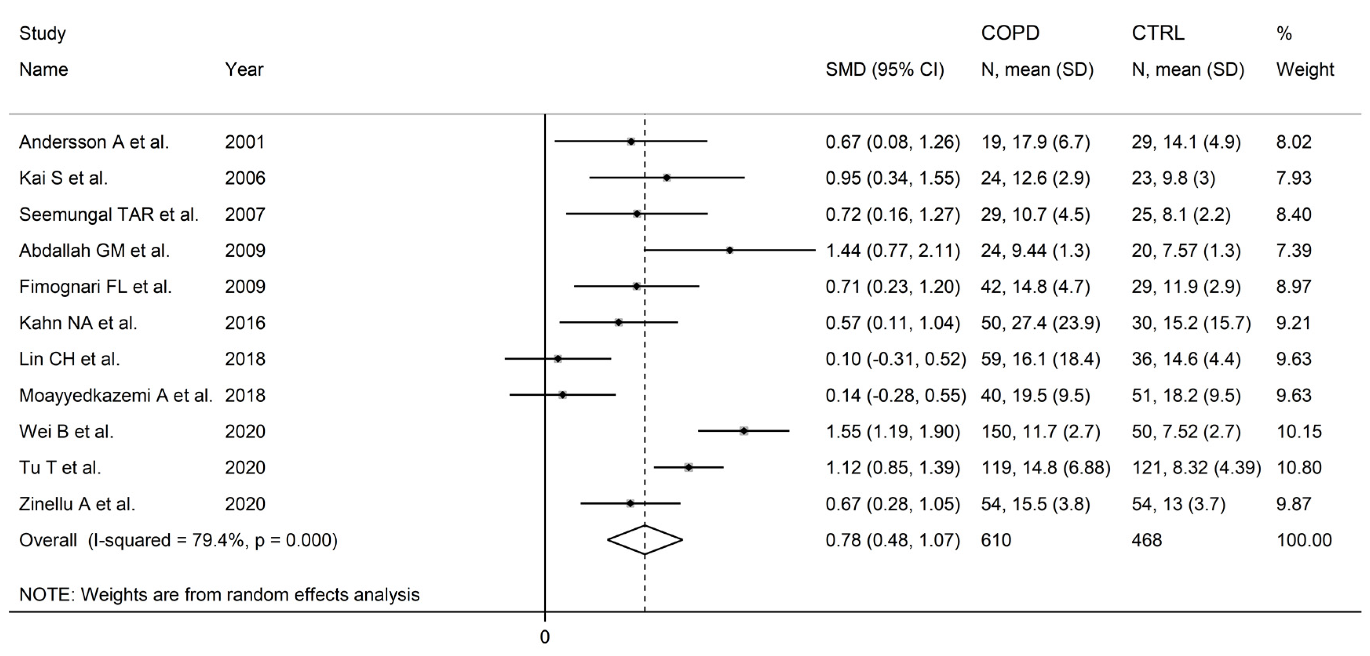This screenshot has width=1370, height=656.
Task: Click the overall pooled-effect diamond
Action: click(645, 540)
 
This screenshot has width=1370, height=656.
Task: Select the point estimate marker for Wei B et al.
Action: click(743, 431)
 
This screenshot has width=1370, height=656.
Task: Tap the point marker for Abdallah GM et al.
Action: click(730, 250)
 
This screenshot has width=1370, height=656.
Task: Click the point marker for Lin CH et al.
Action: click(557, 359)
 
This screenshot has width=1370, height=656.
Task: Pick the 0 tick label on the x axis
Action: click(545, 637)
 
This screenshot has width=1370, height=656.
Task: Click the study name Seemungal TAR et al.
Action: click(109, 214)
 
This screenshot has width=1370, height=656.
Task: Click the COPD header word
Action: click(1010, 33)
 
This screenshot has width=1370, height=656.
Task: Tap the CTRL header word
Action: click(1158, 33)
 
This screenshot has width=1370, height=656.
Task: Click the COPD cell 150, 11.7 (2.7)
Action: click(1040, 431)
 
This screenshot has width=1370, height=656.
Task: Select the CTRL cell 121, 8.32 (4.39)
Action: click(1196, 467)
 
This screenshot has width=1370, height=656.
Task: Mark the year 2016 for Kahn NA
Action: click(245, 323)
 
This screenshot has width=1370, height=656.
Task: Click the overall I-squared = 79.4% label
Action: click(178, 540)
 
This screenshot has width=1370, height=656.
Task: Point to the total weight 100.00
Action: click(1304, 540)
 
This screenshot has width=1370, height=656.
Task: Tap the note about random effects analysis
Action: click(219, 594)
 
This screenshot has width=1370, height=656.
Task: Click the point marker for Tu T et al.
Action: click(689, 467)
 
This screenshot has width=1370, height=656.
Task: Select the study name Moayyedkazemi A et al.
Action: click(115, 395)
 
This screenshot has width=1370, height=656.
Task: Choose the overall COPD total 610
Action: click(996, 540)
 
